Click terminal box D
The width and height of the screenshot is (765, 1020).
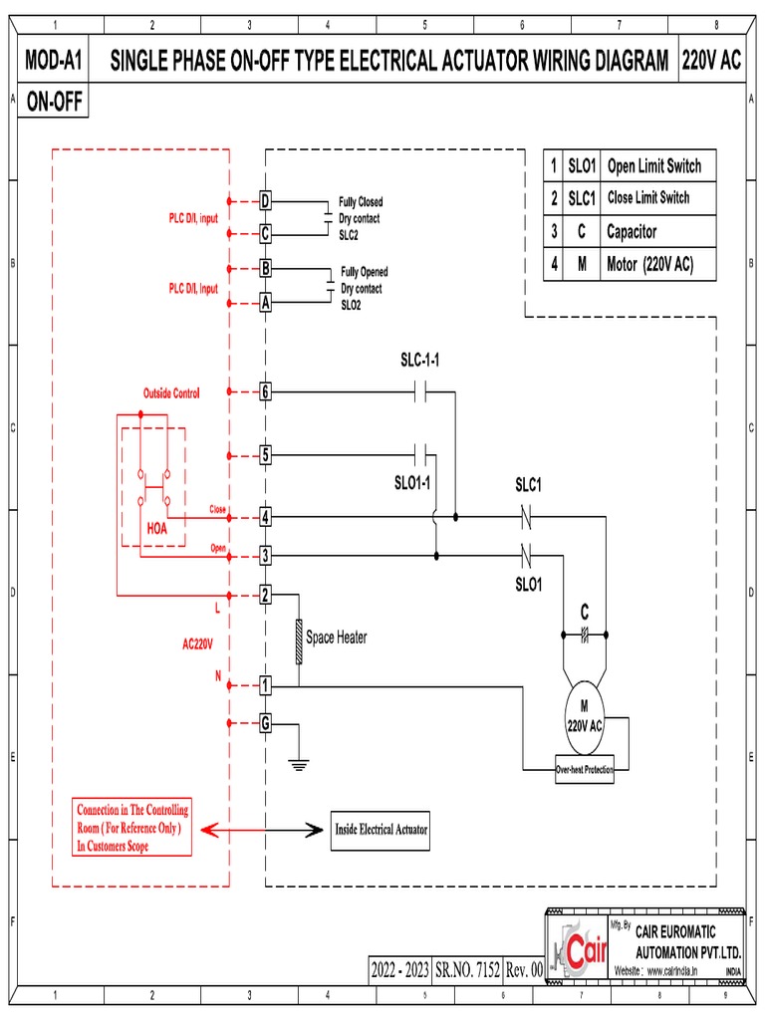pyautogui.click(x=265, y=201)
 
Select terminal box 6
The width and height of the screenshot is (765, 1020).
pyautogui.click(x=265, y=391)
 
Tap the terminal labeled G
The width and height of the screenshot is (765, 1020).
pyautogui.click(x=265, y=723)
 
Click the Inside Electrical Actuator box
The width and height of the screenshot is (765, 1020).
pyautogui.click(x=381, y=829)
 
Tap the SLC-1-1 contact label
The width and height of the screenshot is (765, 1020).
pyautogui.click(x=420, y=360)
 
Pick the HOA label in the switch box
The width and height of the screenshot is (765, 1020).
pyautogui.click(x=157, y=530)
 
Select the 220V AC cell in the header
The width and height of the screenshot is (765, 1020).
pyautogui.click(x=711, y=62)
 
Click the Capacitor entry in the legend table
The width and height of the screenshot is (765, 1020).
pyautogui.click(x=632, y=231)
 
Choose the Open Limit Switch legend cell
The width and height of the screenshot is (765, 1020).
pyautogui.click(x=653, y=166)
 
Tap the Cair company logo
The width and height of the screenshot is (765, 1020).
pyautogui.click(x=578, y=953)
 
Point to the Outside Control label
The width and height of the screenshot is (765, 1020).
pyautogui.click(x=171, y=393)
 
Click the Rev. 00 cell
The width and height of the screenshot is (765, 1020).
pyautogui.click(x=524, y=969)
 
